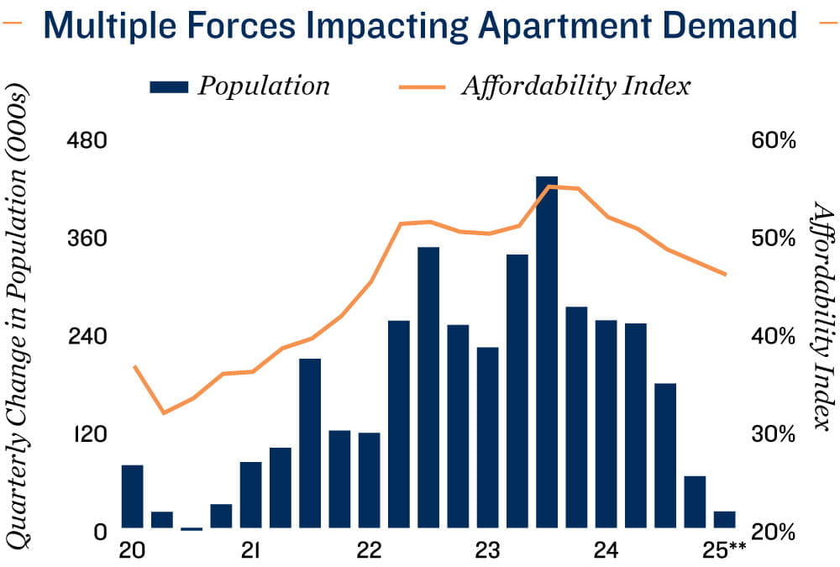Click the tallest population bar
point(547,353)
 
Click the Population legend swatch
point(170,86)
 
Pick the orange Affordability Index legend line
point(420,86)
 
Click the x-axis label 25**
point(725,551)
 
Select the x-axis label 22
point(369,551)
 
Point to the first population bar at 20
point(133,497)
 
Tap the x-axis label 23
point(487,551)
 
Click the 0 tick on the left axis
point(100,532)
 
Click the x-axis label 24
point(606,551)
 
